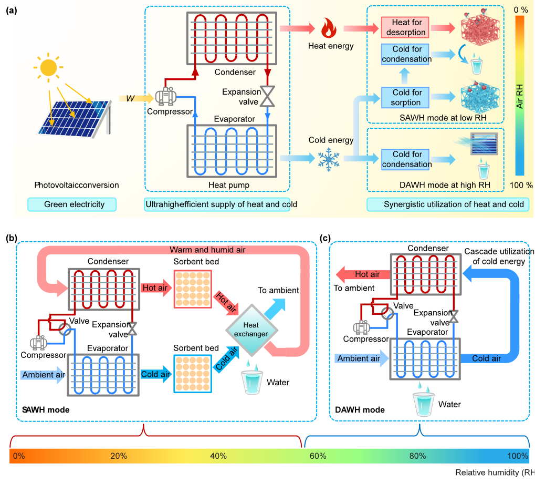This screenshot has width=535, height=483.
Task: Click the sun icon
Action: click(x=48, y=67)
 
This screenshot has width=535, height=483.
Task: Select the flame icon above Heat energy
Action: click(x=329, y=28)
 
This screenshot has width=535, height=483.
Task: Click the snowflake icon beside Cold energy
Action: click(x=329, y=158)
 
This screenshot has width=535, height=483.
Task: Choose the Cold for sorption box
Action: click(x=406, y=97)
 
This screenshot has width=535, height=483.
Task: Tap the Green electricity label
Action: click(x=74, y=204)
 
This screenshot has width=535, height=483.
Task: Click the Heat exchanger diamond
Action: click(x=250, y=330)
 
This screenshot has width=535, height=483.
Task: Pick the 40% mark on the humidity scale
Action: click(x=218, y=456)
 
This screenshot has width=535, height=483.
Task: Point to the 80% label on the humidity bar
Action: click(x=417, y=456)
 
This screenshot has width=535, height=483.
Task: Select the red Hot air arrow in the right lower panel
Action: click(x=362, y=274)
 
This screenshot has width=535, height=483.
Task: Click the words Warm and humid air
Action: click(x=207, y=250)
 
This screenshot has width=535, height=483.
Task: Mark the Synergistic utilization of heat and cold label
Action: click(x=454, y=204)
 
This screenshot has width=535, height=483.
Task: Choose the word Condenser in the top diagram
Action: click(x=235, y=72)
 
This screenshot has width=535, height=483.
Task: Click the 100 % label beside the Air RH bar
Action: click(x=521, y=185)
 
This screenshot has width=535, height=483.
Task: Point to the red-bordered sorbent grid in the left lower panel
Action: click(x=192, y=290)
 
